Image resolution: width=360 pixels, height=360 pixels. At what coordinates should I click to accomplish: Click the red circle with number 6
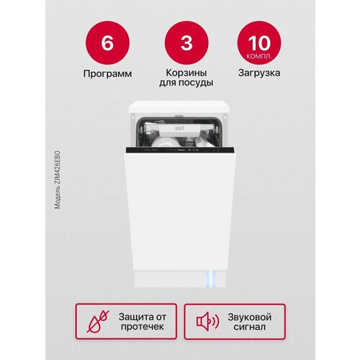[107, 42]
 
